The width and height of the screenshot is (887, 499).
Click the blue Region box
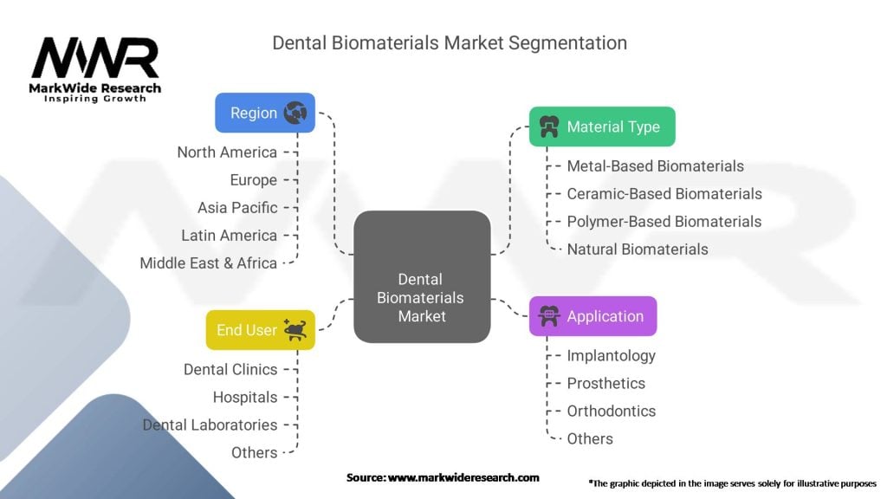point(265,113)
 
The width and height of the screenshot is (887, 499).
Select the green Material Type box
point(602,126)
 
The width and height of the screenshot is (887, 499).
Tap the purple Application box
point(592,316)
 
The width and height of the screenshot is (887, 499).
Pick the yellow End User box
point(260,330)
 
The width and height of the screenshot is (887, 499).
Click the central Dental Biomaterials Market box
point(422,276)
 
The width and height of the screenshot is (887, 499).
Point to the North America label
point(227,152)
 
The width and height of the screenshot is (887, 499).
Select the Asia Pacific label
point(237,208)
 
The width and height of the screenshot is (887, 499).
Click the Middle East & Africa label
point(208,263)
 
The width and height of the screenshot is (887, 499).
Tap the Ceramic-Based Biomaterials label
point(664,194)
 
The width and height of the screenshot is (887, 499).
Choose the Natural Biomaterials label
point(638,249)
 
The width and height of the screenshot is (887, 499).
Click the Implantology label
point(611,356)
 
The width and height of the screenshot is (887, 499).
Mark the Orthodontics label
point(611,412)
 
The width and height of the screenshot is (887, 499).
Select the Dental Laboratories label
point(210,424)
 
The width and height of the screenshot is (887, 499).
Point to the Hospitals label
point(245,397)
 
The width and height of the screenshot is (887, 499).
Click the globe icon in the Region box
point(295,113)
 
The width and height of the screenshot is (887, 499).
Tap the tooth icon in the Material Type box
point(548,126)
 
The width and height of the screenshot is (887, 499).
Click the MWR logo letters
point(95,57)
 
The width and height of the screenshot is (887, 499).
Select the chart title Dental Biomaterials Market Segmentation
point(450,43)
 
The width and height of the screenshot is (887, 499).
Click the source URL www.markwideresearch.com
point(463,477)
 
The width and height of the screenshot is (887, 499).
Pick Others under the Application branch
point(590,439)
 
